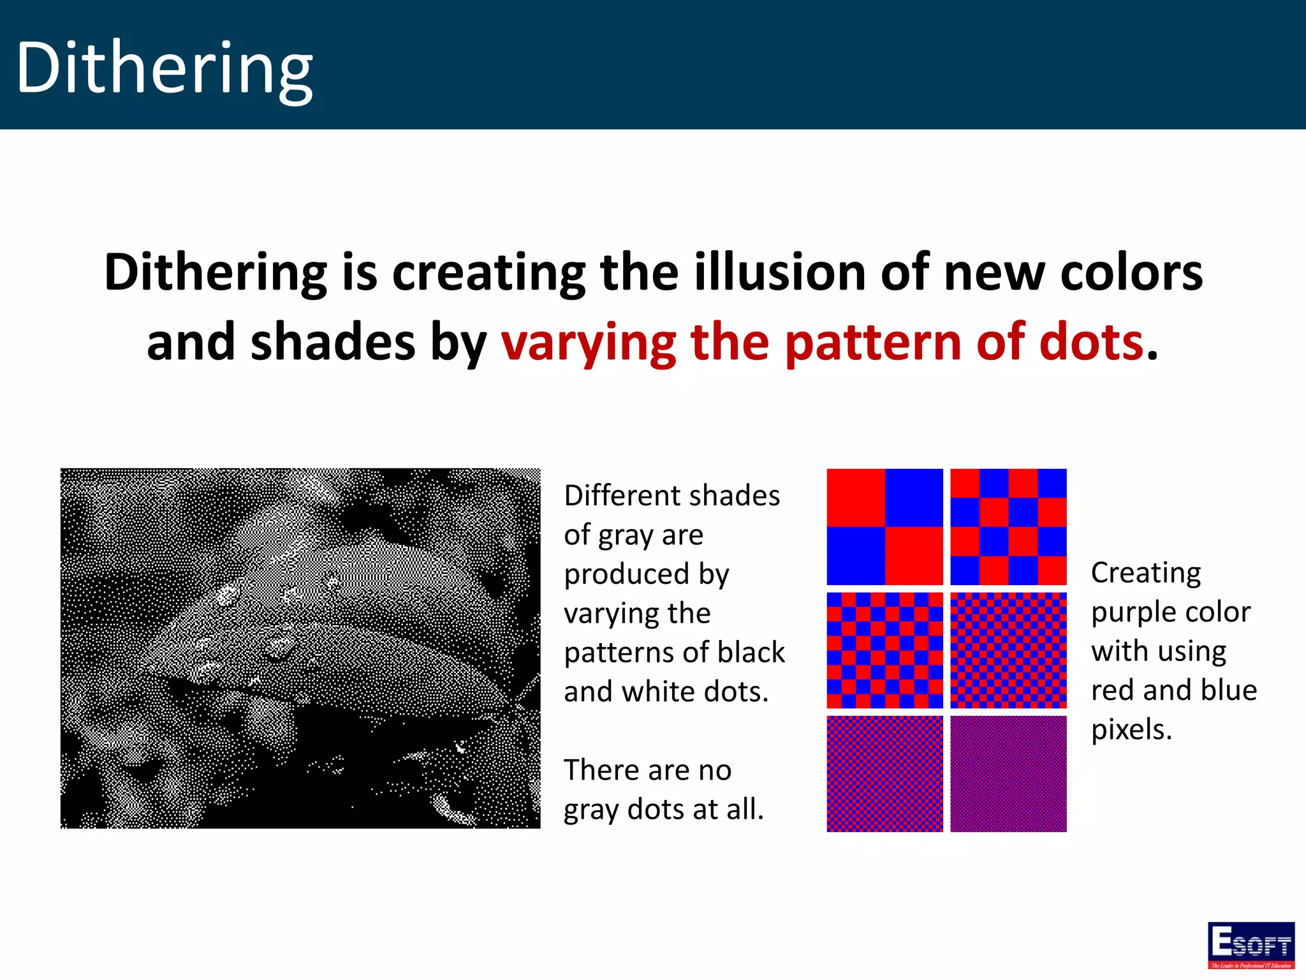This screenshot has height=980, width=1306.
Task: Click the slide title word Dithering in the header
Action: [165, 67]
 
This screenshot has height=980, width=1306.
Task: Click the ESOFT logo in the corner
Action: [1251, 945]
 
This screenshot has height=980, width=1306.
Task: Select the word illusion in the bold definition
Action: [780, 272]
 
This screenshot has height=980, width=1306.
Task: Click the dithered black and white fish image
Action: [300, 648]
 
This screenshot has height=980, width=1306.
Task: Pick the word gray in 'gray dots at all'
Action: [591, 810]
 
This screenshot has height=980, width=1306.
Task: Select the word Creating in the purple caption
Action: [1146, 573]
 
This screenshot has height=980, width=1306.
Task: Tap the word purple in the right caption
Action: [1131, 612]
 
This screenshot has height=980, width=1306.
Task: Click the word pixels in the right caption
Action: [1131, 729]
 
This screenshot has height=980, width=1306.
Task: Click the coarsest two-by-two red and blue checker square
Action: [884, 527]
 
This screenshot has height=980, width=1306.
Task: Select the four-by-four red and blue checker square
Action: [1008, 527]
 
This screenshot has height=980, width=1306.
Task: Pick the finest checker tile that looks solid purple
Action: [1008, 774]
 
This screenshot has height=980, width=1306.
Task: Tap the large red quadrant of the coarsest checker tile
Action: [856, 498]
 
